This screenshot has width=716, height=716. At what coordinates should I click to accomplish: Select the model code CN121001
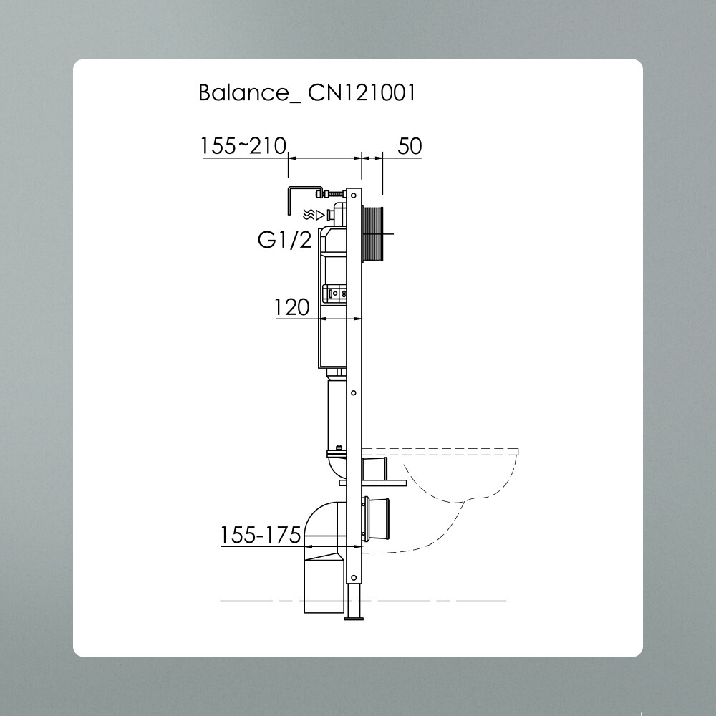click(x=362, y=93)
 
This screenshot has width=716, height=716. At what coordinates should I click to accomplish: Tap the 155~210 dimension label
click(x=243, y=146)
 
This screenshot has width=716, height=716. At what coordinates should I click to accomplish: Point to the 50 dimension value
click(x=410, y=146)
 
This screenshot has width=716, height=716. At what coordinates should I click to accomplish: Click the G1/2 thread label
click(x=285, y=241)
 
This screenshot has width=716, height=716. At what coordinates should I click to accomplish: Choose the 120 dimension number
click(x=292, y=308)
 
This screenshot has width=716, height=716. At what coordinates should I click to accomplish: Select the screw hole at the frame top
click(x=354, y=194)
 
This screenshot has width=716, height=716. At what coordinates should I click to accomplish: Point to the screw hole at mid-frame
click(x=354, y=392)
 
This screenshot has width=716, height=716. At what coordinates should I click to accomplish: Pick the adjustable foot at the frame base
click(x=354, y=605)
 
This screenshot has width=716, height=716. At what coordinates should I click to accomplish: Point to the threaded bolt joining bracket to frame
click(x=332, y=193)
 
